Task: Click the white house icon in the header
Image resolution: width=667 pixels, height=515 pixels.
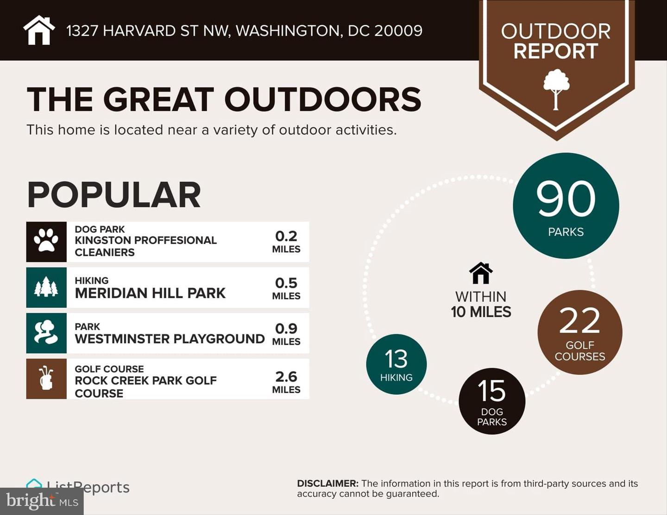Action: pyautogui.click(x=39, y=30)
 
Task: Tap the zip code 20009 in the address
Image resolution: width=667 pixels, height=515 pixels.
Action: pyautogui.click(x=398, y=31)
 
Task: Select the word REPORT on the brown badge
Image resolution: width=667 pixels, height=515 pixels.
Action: pyautogui.click(x=556, y=51)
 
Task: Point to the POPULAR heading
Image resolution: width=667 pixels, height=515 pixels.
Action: pyautogui.click(x=114, y=195)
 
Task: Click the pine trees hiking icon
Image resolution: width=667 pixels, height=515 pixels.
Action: pyautogui.click(x=46, y=287)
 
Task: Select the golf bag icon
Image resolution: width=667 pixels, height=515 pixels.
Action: pyautogui.click(x=46, y=378)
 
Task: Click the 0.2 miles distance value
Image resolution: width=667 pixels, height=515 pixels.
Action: pyautogui.click(x=286, y=236)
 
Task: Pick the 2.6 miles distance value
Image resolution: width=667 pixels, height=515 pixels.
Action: pyautogui.click(x=286, y=377)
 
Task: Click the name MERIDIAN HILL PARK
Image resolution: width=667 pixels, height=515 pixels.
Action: pyautogui.click(x=150, y=293)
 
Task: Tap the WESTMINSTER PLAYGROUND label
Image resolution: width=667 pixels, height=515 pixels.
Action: pyautogui.click(x=170, y=339)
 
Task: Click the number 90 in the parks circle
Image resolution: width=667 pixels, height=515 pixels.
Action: pyautogui.click(x=566, y=199)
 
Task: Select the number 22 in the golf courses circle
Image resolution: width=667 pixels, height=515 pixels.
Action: pyautogui.click(x=579, y=321)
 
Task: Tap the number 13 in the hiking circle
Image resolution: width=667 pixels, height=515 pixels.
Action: pyautogui.click(x=396, y=359)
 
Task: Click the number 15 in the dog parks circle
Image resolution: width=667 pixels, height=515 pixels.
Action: pyautogui.click(x=491, y=391)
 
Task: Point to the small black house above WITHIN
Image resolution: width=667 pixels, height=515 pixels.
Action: pyautogui.click(x=481, y=273)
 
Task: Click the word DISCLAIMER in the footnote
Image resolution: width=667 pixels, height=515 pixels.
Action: pyautogui.click(x=327, y=484)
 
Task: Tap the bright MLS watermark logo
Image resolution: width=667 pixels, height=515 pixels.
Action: pyautogui.click(x=42, y=501)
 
